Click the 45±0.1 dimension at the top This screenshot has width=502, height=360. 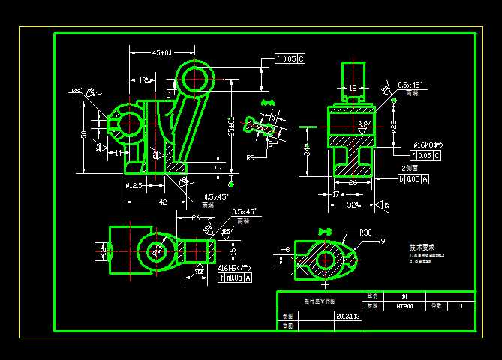tap(162, 52)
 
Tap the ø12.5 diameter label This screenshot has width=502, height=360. tap(134, 185)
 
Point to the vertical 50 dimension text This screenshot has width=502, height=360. tap(84, 135)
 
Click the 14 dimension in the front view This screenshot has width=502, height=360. tap(118, 152)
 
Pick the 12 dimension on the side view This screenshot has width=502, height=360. tap(353, 88)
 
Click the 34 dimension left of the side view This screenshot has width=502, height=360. tap(307, 151)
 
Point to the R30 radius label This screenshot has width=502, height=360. tap(365, 232)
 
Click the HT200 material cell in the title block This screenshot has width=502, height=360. tap(404, 306)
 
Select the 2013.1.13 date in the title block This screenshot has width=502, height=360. tap(349, 316)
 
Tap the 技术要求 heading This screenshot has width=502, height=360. tap(422, 246)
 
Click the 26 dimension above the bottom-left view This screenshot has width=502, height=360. tap(194, 218)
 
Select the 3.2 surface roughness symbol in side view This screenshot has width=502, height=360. tap(364, 125)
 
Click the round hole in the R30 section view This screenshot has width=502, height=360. tap(325, 259)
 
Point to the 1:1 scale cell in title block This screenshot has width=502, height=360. tap(405, 296)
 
